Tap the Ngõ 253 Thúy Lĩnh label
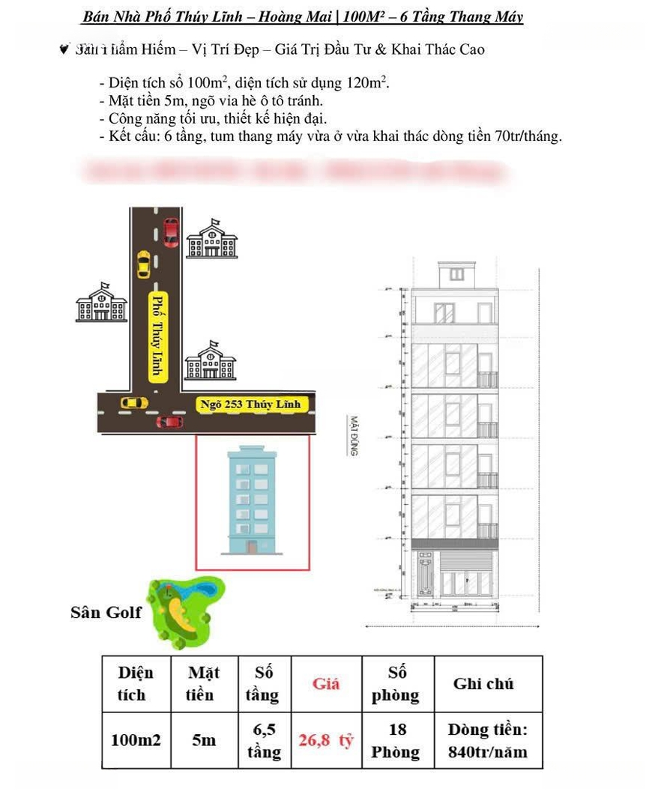(250, 404)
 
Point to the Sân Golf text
(106, 613)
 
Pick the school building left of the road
(101, 303)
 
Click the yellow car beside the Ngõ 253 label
(134, 403)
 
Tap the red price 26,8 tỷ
(325, 741)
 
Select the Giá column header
(325, 683)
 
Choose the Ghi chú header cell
(483, 683)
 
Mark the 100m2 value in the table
(136, 741)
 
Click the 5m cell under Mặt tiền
(203, 741)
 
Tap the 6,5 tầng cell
(264, 740)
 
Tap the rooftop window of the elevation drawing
(456, 274)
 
